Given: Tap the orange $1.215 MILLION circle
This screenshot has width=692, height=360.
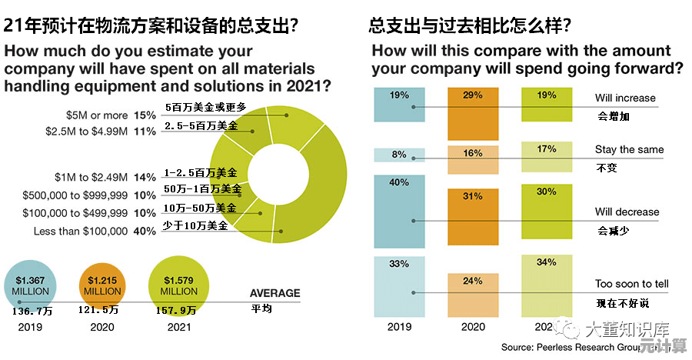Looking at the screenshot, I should click(102, 285).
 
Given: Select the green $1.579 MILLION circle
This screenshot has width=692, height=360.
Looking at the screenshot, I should click(178, 285).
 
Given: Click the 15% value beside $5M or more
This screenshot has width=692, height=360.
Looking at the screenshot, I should click(145, 115).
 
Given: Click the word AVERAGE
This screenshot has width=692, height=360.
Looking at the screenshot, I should click(274, 293).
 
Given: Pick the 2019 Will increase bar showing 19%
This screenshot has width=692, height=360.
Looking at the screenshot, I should click(399, 105).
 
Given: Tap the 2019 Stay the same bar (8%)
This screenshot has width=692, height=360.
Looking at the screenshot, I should click(399, 155).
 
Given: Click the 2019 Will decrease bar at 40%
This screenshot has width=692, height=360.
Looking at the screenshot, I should click(399, 212).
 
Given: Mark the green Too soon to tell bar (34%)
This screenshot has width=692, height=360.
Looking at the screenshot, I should click(547, 285).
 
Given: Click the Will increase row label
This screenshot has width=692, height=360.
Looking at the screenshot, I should click(625, 98).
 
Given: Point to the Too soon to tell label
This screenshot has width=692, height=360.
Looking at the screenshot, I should click(631, 284).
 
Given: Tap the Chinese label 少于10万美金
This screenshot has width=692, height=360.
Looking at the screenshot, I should click(197, 225).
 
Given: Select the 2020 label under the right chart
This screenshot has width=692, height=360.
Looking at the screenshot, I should click(473, 328).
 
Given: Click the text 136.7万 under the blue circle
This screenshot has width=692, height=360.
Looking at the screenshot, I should click(32, 311).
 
